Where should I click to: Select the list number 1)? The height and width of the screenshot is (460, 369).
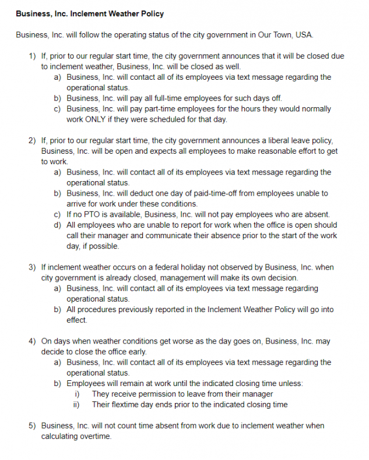[33, 56]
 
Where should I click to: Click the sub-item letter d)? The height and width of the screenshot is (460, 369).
[58, 225]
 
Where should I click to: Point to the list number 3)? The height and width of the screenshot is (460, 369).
[33, 267]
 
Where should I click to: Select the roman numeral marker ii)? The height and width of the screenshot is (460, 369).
[76, 405]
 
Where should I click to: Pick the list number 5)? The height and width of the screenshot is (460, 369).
[33, 426]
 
